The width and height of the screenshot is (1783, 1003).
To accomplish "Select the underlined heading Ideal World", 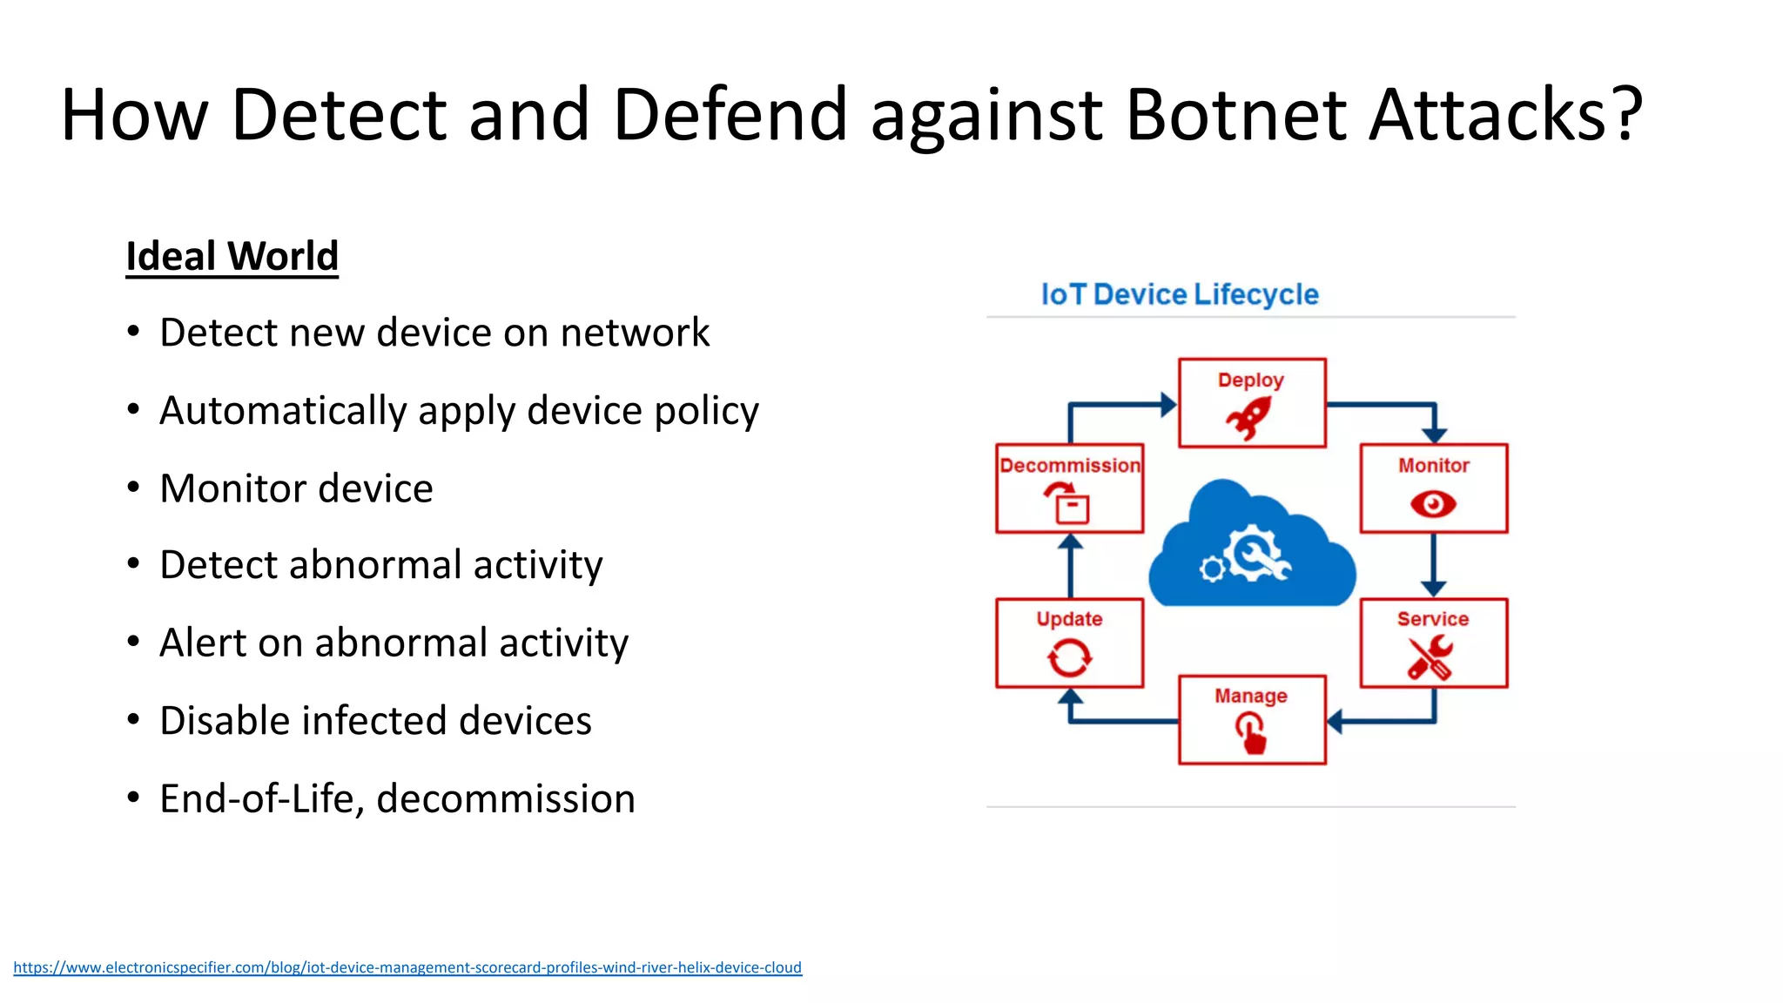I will pyautogui.click(x=232, y=257).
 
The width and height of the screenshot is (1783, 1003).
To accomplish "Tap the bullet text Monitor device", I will pyautogui.click(x=296, y=488).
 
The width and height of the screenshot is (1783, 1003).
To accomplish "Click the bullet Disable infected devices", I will pyautogui.click(x=375, y=721).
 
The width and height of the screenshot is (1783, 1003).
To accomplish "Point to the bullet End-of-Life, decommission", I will pyautogui.click(x=397, y=799).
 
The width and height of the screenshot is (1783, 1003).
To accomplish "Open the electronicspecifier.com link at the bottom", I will pyautogui.click(x=407, y=967).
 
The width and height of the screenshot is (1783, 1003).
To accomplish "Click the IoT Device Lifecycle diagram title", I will pyautogui.click(x=1180, y=294).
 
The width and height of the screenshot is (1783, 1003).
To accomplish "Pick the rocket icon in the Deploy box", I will pyautogui.click(x=1248, y=418).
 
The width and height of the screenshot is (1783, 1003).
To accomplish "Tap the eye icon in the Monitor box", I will pyautogui.click(x=1433, y=504).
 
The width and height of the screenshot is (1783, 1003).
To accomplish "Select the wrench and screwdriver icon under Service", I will pyautogui.click(x=1430, y=657).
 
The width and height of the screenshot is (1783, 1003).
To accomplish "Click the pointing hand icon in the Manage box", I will pyautogui.click(x=1252, y=732).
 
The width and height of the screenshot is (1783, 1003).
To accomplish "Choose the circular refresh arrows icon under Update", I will pyautogui.click(x=1069, y=658).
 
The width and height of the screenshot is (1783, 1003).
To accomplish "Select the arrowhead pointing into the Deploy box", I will pyautogui.click(x=1167, y=405).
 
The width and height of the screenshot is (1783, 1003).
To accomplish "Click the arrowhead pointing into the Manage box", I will pyautogui.click(x=1336, y=721).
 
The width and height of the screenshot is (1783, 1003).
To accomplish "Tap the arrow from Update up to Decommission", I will pyautogui.click(x=1070, y=566).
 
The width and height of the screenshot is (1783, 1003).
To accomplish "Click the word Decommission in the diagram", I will pyautogui.click(x=1070, y=466).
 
